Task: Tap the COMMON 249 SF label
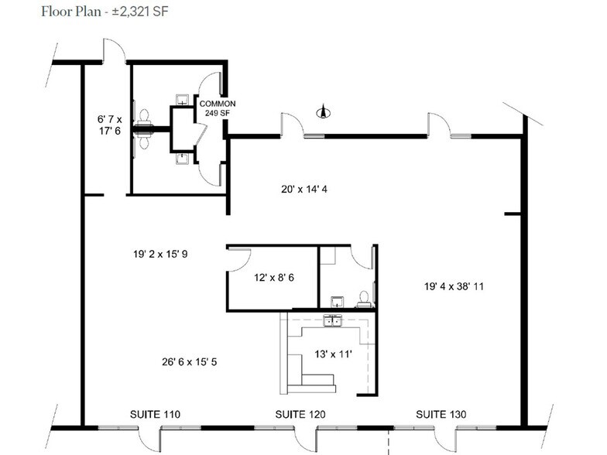point(218,108)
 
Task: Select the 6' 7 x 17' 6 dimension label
point(109,125)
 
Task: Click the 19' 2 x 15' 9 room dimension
point(165,254)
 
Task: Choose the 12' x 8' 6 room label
point(273,278)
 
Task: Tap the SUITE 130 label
point(441,416)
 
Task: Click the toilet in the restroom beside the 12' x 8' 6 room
point(362,298)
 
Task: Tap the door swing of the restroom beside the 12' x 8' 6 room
point(361,258)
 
